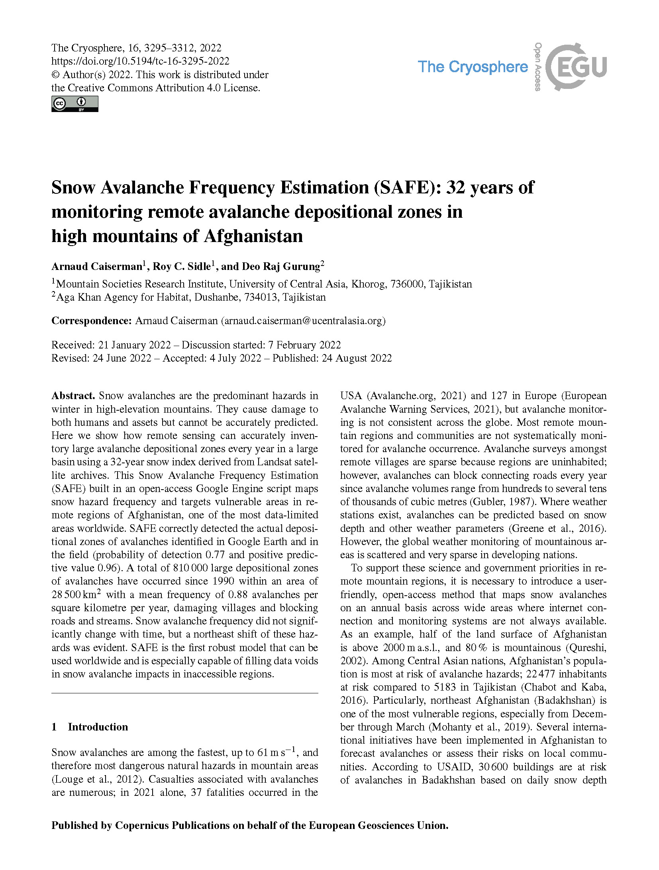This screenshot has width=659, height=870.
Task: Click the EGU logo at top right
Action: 576,67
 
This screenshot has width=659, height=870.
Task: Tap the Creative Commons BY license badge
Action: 75,104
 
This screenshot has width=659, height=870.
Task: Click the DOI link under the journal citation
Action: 140,61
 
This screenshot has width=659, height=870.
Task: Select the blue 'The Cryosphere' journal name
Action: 473,67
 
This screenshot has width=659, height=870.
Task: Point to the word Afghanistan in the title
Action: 253,236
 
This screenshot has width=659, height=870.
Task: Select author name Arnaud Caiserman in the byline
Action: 97,266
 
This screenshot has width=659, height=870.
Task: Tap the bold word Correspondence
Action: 91,321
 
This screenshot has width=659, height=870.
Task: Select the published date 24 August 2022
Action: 357,358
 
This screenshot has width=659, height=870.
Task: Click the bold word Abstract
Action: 73,396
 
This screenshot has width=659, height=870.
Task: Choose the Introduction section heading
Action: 98,727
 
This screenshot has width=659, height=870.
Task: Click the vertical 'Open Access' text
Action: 537,67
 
